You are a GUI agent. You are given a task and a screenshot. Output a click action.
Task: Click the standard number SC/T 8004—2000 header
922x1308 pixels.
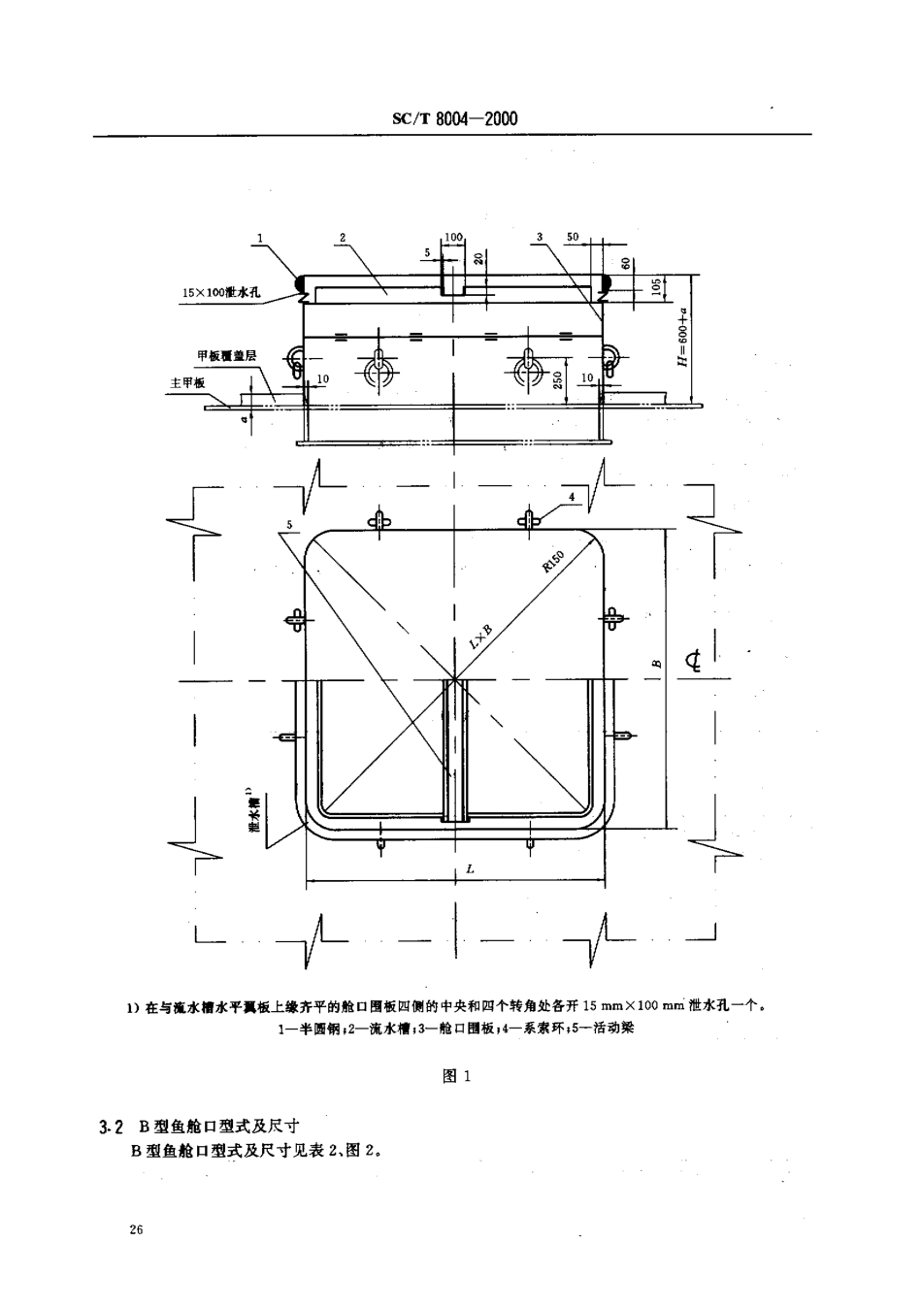click(454, 118)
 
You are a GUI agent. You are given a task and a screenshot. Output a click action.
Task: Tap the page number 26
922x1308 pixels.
click(135, 1230)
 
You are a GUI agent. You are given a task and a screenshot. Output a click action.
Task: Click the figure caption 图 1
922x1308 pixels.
click(455, 1076)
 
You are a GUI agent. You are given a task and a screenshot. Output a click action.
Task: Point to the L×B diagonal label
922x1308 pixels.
click(480, 637)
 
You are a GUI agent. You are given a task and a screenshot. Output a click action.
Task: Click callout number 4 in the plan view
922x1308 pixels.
click(573, 496)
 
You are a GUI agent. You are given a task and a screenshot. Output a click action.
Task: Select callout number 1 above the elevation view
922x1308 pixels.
click(260, 237)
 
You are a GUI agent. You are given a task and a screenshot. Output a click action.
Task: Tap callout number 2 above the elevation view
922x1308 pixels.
click(343, 237)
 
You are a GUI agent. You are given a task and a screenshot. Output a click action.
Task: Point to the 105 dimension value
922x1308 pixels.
click(656, 288)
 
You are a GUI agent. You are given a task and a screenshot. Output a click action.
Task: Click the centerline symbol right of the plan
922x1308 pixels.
click(693, 662)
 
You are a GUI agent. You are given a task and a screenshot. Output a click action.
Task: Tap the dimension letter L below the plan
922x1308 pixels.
click(470, 869)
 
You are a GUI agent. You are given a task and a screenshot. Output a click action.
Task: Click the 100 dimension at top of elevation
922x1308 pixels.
click(453, 237)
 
